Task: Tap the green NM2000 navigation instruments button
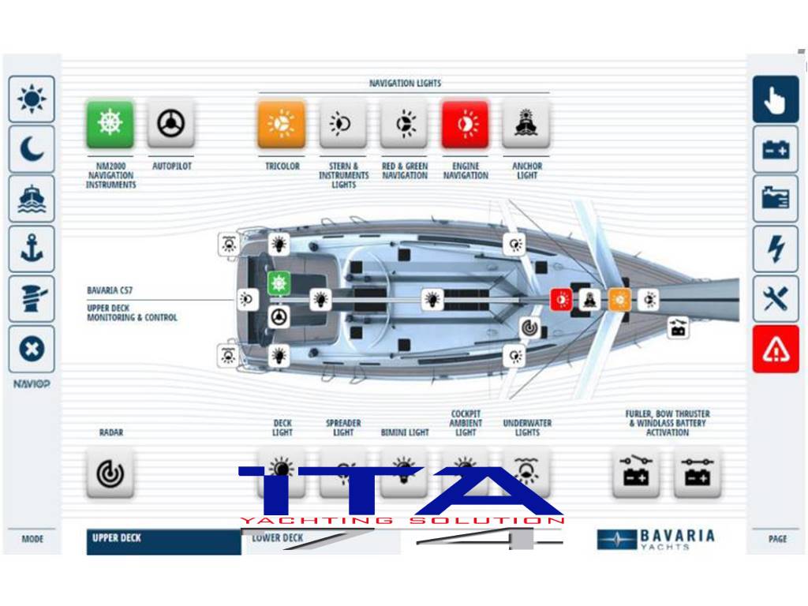click(x=110, y=124)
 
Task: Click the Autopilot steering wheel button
click(x=170, y=124)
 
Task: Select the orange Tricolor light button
click(x=281, y=124)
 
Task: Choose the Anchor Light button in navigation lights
click(x=526, y=124)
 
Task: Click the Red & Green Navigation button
click(x=404, y=124)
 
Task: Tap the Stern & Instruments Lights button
click(x=342, y=124)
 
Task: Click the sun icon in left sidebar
click(x=32, y=99)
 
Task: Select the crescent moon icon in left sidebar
click(x=32, y=149)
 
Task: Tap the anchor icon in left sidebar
click(x=32, y=249)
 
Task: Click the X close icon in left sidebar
click(x=32, y=349)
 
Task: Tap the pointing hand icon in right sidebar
click(x=775, y=99)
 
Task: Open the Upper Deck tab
click(x=163, y=540)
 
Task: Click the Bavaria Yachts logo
click(x=656, y=539)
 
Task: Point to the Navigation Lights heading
click(x=405, y=84)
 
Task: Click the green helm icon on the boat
click(x=278, y=283)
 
